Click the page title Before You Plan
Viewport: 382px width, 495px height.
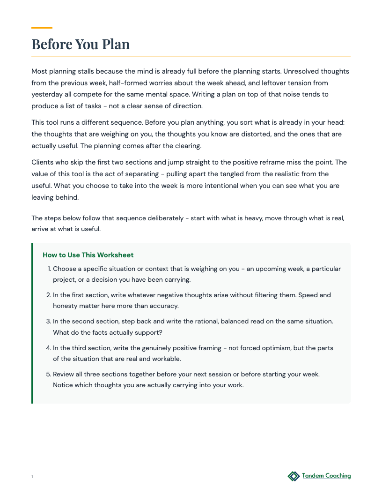click(x=81, y=44)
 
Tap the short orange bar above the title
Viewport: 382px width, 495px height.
click(x=42, y=28)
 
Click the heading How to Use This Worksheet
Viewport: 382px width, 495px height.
click(x=88, y=255)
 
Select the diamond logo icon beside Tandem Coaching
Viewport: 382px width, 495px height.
click(x=294, y=476)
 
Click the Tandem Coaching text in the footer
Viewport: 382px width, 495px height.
click(x=326, y=476)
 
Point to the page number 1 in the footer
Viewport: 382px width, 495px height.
click(x=32, y=477)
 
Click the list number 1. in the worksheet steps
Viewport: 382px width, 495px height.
click(x=49, y=269)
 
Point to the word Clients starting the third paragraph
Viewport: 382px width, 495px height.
click(x=43, y=162)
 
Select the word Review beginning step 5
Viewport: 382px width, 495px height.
click(x=64, y=374)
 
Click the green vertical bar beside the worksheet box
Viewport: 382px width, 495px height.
click(x=32, y=323)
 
